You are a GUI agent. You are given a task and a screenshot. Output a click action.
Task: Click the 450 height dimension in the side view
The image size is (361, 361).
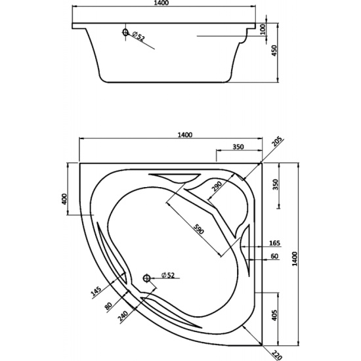[x=274, y=50]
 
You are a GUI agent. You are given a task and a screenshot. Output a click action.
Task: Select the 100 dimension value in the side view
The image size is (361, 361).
[x=263, y=30]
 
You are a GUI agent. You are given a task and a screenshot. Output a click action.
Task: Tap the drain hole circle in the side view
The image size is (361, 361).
[x=125, y=32]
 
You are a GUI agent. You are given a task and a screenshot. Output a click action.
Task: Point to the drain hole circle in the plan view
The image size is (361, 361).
[x=146, y=278]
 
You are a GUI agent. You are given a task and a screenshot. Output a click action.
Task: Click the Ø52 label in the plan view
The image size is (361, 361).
[x=168, y=275]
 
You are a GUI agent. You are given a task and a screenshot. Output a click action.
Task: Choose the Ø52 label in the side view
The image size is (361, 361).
[x=138, y=37]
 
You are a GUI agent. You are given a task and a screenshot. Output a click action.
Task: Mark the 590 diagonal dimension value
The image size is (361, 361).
[x=198, y=229]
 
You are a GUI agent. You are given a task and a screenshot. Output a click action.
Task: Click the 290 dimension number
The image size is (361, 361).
[x=217, y=186]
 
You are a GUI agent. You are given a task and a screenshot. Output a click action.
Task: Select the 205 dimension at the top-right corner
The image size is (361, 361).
[x=276, y=142]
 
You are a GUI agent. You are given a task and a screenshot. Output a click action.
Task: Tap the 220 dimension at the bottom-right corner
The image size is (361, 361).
[x=277, y=355]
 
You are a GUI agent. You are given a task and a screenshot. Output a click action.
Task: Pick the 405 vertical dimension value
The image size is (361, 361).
[x=274, y=315]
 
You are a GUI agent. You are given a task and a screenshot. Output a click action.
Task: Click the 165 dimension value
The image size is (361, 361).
[x=274, y=243]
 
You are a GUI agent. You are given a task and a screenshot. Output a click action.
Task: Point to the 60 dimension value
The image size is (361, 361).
[x=274, y=256]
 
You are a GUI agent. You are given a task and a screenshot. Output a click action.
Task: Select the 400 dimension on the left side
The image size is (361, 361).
[x=64, y=199]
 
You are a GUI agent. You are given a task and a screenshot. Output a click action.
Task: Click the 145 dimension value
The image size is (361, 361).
[x=96, y=291]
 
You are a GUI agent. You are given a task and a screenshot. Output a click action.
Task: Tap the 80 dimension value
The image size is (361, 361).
[x=108, y=306]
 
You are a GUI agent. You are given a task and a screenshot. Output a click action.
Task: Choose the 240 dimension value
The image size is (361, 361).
[x=123, y=316]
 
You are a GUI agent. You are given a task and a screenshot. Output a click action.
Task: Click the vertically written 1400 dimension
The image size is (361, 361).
[x=295, y=259]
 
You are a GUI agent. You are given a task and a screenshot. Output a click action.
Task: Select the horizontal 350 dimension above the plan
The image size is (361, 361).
[x=238, y=146]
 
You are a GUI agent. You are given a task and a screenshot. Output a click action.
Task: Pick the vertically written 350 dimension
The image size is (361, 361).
[x=276, y=184]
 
